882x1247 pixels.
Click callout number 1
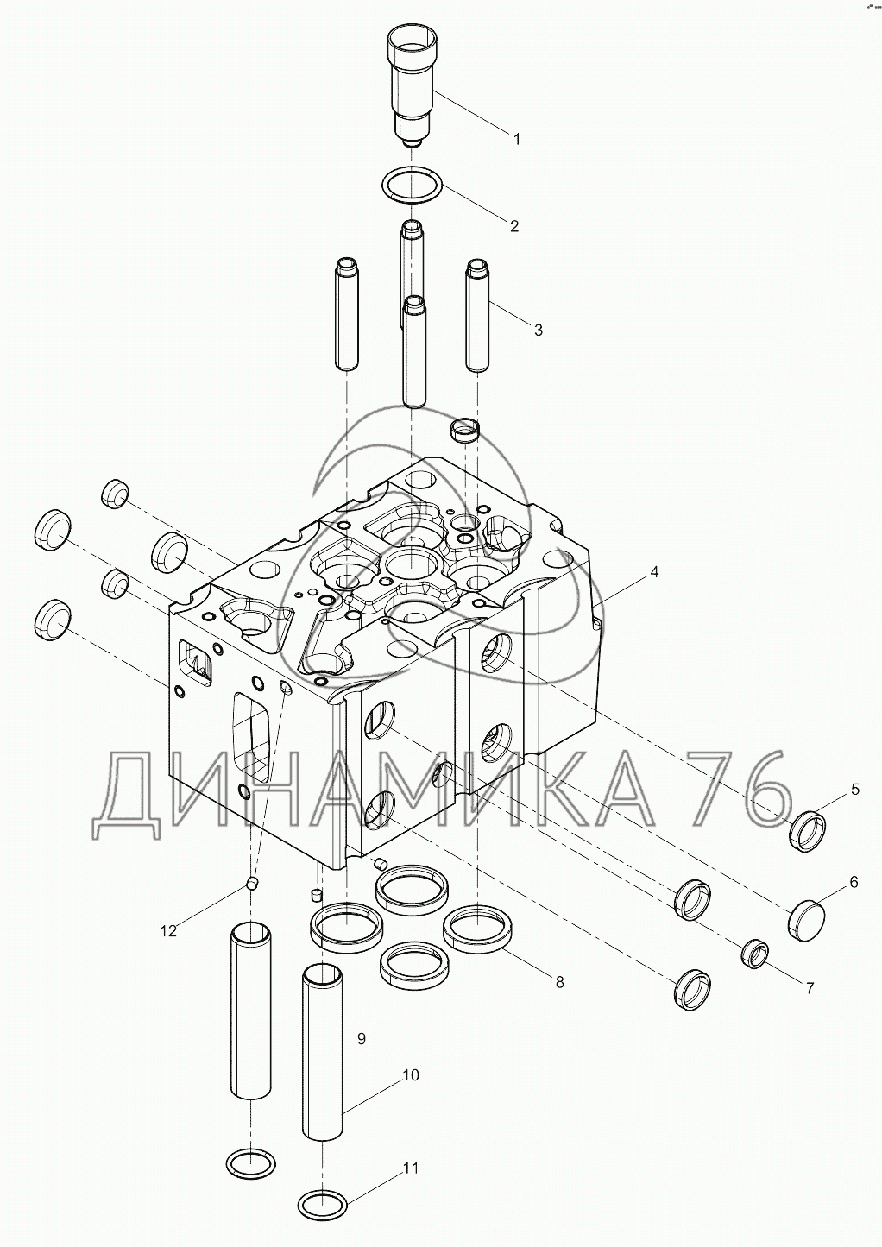coord(517,139)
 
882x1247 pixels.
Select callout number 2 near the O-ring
coord(514,226)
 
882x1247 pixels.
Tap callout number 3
coord(538,331)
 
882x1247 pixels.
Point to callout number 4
coord(654,572)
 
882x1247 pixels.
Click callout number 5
coord(855,790)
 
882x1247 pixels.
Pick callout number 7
coord(810,988)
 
